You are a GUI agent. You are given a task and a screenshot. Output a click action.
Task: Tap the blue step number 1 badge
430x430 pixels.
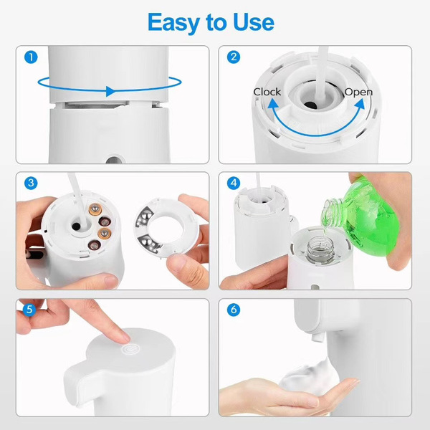tap(31, 57)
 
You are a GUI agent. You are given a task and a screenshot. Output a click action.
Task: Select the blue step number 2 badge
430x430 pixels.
tap(234, 57)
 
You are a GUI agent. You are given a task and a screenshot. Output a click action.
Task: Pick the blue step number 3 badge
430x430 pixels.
tap(31, 183)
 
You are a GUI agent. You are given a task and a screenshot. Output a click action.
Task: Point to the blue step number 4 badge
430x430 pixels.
tap(234, 183)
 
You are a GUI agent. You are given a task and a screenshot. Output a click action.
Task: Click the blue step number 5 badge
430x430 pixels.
tap(29, 310)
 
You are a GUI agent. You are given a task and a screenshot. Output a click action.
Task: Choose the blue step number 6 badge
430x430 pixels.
tap(234, 310)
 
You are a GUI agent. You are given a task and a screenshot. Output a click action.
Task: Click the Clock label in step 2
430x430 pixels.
tap(267, 92)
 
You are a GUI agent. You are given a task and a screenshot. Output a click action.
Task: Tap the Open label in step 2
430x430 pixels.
tap(358, 92)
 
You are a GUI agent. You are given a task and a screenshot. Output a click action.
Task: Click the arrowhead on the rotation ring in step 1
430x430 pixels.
tap(110, 91)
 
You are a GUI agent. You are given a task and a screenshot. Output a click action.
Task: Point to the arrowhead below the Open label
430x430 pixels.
tap(359, 105)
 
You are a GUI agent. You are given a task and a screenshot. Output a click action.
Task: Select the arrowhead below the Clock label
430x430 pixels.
tap(273, 105)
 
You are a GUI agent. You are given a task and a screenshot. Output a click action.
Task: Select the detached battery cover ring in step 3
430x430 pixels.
tap(166, 226)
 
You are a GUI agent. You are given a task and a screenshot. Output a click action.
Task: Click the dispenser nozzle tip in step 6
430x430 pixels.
tap(317, 337)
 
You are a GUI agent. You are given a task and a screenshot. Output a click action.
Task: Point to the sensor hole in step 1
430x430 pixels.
tap(115, 160)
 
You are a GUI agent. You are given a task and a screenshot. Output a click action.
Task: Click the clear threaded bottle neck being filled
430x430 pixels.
tap(321, 249)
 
